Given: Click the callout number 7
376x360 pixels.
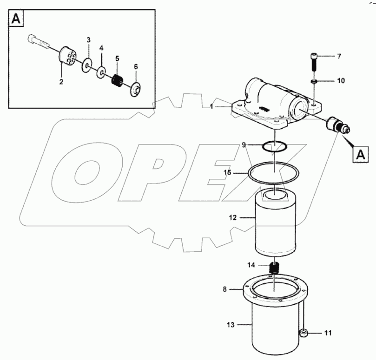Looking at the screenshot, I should (339, 56).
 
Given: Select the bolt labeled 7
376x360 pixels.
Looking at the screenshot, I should (313, 62).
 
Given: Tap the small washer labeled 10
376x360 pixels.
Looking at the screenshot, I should (314, 81).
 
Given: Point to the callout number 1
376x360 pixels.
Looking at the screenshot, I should (211, 106).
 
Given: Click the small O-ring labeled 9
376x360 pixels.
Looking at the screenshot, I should (275, 147).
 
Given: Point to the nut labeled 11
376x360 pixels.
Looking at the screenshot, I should (303, 333).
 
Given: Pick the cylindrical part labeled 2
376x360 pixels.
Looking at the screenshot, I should (68, 59).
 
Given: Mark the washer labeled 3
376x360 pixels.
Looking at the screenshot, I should (87, 67).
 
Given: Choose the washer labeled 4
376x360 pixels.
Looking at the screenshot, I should (101, 73).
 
